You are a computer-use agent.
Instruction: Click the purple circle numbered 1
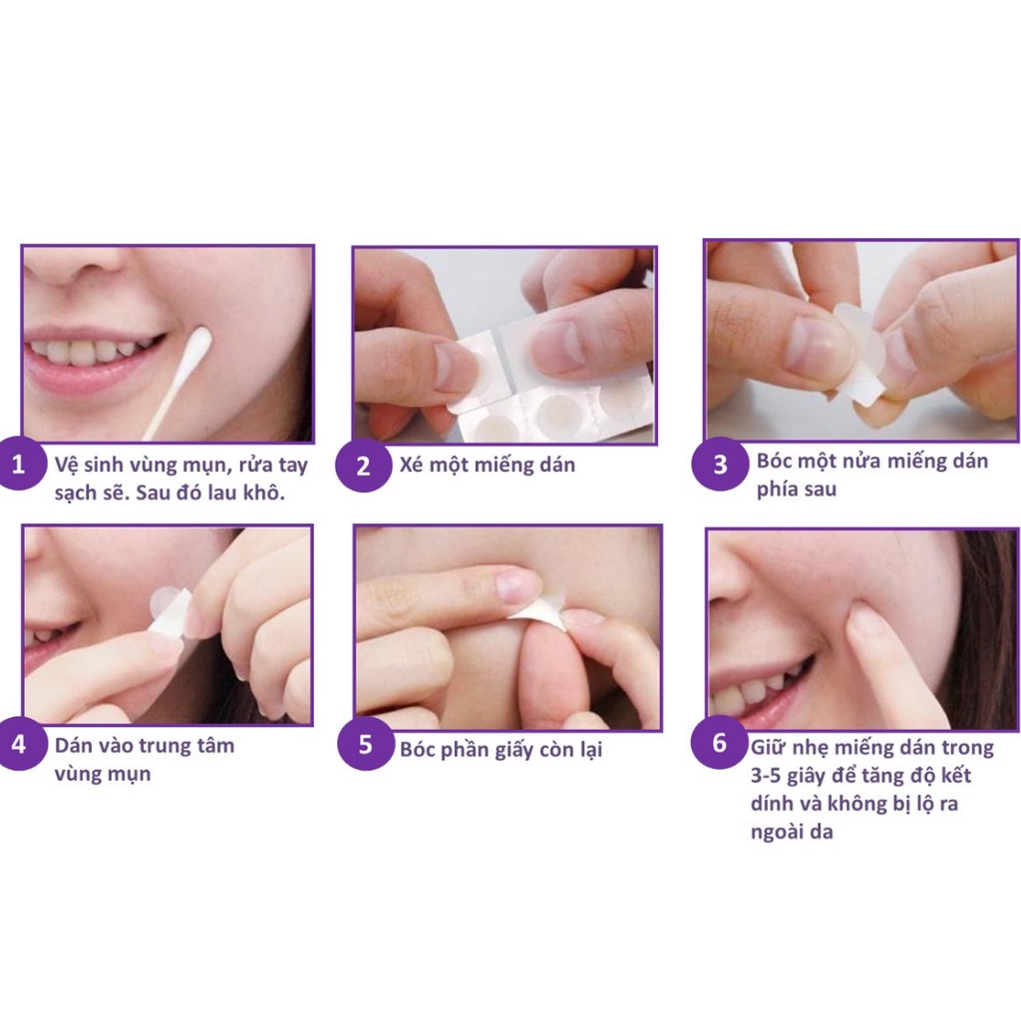click(x=19, y=465)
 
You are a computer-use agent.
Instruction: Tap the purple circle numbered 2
click(x=363, y=466)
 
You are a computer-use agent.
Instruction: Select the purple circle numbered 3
click(x=719, y=464)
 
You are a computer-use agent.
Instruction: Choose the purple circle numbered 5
click(x=365, y=745)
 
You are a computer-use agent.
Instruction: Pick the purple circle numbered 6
click(x=719, y=744)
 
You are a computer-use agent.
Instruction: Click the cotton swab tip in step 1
click(x=198, y=345)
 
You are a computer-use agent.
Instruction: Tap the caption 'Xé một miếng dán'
click(x=487, y=465)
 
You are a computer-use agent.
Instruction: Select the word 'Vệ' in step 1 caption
click(x=66, y=466)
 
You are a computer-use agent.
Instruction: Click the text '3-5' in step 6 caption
click(x=772, y=776)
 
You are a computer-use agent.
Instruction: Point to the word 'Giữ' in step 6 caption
click(x=768, y=747)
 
